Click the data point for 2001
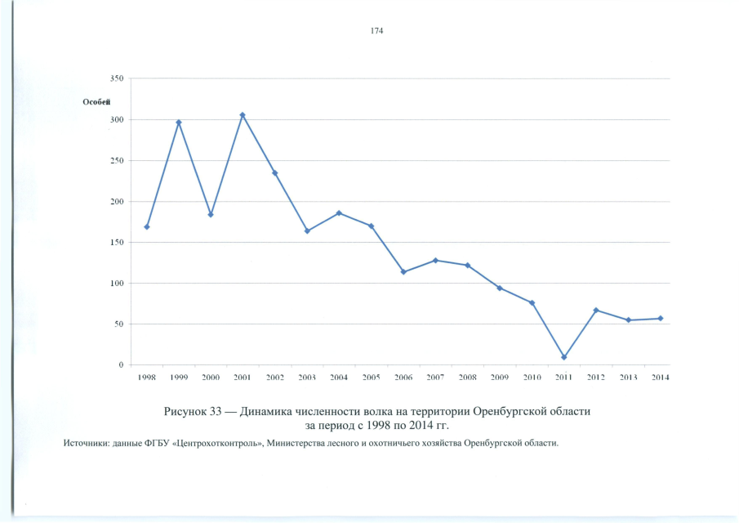243,115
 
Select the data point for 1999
179,123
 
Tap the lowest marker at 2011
564,357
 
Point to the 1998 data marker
147,226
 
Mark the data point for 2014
660,319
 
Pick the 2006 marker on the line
403,271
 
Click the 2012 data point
596,311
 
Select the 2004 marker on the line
339,213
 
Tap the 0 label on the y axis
121,365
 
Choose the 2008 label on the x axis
467,378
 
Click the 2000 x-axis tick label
211,378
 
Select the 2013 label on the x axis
628,378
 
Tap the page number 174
376,31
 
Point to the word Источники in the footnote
86,442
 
